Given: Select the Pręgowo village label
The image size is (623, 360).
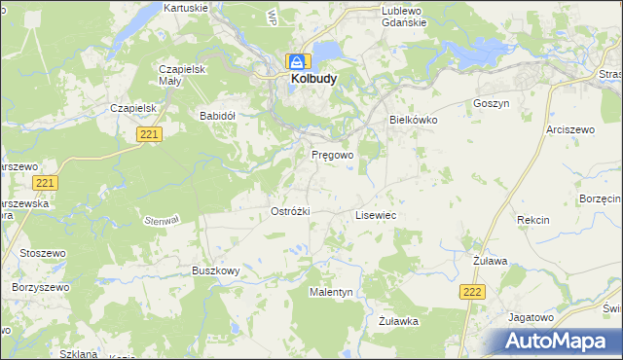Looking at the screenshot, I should tap(332, 155).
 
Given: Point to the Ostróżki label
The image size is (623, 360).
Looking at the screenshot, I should tap(290, 211).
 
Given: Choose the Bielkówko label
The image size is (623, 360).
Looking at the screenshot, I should tap(414, 119).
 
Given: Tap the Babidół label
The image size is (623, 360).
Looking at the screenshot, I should tap(218, 115).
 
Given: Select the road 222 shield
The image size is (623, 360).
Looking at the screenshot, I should tap(473, 292).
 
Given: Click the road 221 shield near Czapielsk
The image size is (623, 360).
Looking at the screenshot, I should tap(149, 134).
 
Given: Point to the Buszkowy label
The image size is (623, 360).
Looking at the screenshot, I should tap(215, 271).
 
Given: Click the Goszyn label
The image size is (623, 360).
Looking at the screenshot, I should tap(491, 102).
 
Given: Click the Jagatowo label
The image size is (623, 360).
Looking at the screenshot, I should tap(531, 317).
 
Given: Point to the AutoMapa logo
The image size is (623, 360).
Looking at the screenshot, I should tap(556, 342).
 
